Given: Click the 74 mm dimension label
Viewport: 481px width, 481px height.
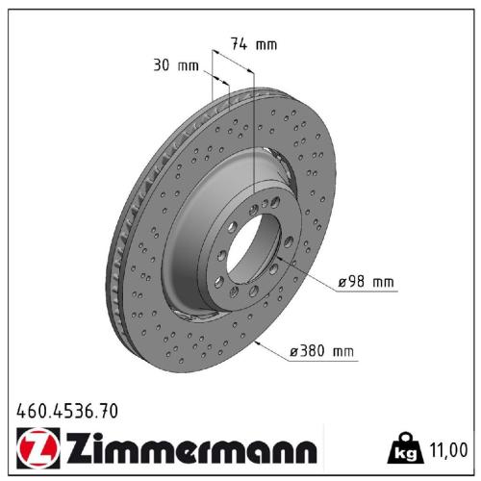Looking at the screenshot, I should click(253, 43).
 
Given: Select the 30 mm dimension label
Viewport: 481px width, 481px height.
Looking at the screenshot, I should click(175, 65).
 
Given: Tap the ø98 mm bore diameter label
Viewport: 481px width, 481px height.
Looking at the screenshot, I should click(365, 283).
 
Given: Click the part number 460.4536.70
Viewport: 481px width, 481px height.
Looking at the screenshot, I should click(67, 411).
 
